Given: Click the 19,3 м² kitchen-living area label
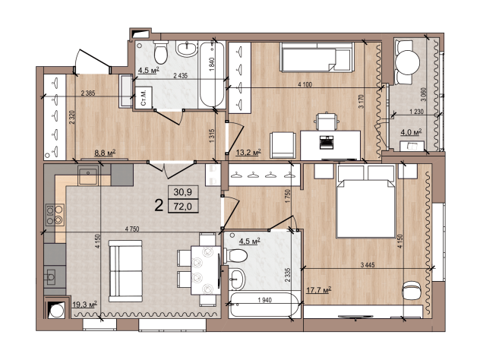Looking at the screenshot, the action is pyautogui.click(x=84, y=305).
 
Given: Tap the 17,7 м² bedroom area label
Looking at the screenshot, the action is pyautogui.click(x=319, y=289).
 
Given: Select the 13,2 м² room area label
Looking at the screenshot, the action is pyautogui.click(x=248, y=152).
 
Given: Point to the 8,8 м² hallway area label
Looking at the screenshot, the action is pyautogui.click(x=105, y=153).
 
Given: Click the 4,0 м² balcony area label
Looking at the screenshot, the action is pyautogui.click(x=411, y=133).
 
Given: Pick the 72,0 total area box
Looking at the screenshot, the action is pyautogui.click(x=183, y=207).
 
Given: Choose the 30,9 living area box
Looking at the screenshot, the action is pyautogui.click(x=183, y=192).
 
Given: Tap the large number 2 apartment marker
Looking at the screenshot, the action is pyautogui.click(x=159, y=205).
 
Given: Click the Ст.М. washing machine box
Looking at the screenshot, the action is pyautogui.click(x=144, y=97).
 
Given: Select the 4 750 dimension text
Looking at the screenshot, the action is pyautogui.click(x=132, y=229).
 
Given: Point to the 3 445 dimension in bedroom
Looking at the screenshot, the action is pyautogui.click(x=368, y=265).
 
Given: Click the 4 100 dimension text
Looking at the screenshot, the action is pyautogui.click(x=305, y=84).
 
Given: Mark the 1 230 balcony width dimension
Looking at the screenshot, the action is pyautogui.click(x=416, y=112).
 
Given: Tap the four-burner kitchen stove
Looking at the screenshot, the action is pyautogui.click(x=55, y=215).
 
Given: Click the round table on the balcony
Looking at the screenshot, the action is pyautogui.click(x=407, y=62).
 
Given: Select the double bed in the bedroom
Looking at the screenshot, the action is pyautogui.click(x=365, y=201).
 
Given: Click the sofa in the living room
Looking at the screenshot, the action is pyautogui.click(x=125, y=271).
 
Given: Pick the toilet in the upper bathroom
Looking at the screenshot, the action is pyautogui.click(x=161, y=52).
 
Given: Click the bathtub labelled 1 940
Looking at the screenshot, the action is pyautogui.click(x=264, y=305).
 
